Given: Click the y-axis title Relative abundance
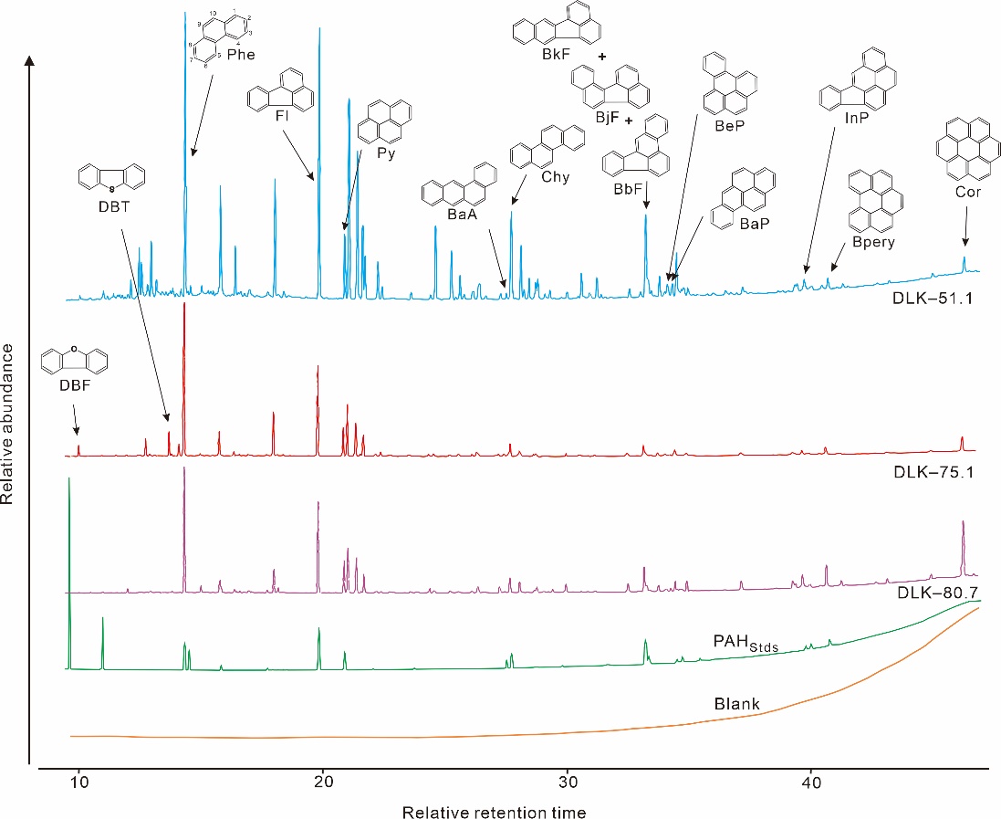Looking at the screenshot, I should pos(10,424).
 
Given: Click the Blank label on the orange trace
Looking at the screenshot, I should pos(737,705).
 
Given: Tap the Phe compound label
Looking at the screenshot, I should pos(241,55).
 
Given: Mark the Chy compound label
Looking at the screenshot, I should pos(554,177).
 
